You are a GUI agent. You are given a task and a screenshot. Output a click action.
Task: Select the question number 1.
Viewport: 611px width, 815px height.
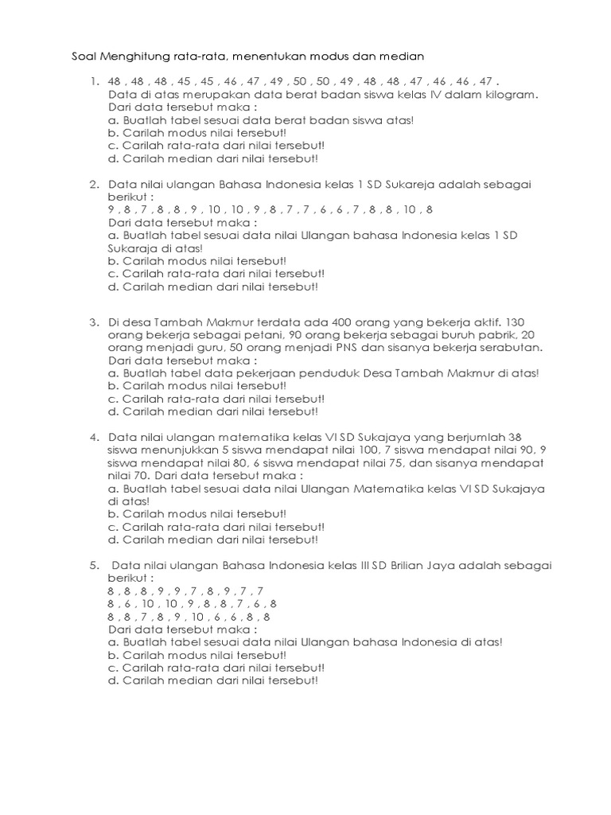pos(93,81)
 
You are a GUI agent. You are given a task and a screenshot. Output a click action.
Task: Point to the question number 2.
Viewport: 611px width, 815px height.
pos(93,184)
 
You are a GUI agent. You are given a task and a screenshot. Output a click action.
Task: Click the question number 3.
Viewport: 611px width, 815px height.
pos(93,322)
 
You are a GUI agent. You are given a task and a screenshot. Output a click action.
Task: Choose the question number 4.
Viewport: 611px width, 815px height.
pos(93,437)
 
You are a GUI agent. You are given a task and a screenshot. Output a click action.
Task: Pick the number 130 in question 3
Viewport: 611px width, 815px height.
pos(516,322)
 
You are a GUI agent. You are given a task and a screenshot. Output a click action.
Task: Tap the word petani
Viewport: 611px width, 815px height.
pos(245,335)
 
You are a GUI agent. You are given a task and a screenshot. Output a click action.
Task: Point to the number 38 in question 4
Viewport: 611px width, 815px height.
pos(515,437)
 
